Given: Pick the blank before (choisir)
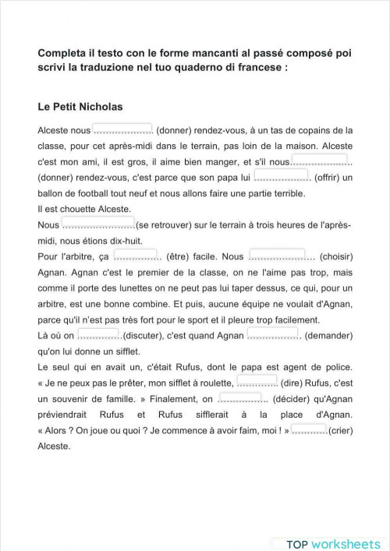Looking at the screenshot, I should [x=277, y=255].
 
